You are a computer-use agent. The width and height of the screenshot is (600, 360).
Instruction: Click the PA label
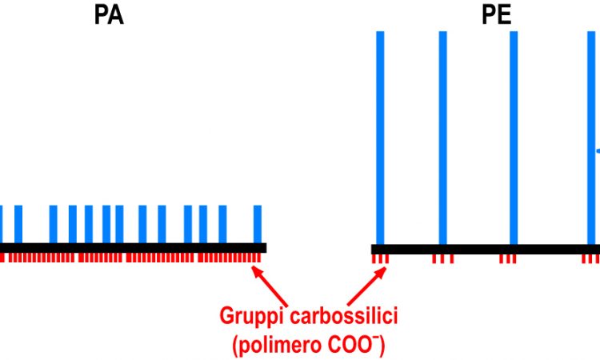coord(109,15)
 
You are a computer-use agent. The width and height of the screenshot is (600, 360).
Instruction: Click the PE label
coord(496,15)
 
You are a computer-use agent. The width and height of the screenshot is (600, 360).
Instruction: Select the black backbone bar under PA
coord(133,247)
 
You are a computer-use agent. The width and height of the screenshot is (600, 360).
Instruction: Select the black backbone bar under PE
coord(486,250)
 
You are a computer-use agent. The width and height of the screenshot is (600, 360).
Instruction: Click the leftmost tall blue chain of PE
coord(380,138)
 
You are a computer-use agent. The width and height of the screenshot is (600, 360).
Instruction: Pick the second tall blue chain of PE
coord(442,138)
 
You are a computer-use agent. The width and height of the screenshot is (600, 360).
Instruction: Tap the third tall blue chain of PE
coord(514,138)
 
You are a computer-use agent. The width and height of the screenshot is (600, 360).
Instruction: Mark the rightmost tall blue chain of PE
coord(591,138)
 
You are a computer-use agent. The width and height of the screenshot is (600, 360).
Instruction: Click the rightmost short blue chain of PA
coord(258,224)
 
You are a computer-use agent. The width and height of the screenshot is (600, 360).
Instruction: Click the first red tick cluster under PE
coord(380,259)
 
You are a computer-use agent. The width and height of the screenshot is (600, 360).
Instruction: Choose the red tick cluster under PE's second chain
coord(442,259)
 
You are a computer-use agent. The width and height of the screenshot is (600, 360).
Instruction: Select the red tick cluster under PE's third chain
coord(508,259)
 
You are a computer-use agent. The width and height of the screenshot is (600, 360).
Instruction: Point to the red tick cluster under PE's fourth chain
coord(591,259)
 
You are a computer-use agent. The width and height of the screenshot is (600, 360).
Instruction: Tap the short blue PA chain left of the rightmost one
coord(222,224)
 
